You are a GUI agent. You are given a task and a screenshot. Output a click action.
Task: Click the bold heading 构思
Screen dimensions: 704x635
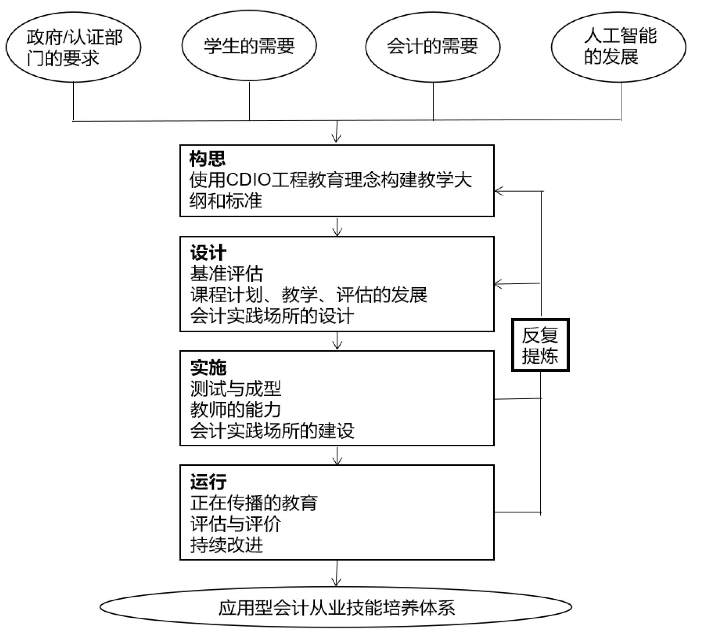tap(207, 159)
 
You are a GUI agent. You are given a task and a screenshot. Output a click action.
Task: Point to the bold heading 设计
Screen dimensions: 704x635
tap(208, 253)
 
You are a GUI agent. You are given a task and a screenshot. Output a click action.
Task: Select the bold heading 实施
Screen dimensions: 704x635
tap(208, 367)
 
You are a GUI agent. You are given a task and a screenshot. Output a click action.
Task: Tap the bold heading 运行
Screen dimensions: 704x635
tap(208, 482)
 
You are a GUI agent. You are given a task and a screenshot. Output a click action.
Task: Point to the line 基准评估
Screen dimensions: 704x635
tap(226, 274)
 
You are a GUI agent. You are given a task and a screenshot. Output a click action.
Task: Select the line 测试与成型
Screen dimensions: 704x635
tap(236, 388)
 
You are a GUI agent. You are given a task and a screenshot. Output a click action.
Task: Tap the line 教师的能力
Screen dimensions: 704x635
tap(236, 409)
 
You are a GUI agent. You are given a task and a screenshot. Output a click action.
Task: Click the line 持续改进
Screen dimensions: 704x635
tap(226, 545)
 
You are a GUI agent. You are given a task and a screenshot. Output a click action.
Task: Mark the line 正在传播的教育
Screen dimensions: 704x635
tap(254, 503)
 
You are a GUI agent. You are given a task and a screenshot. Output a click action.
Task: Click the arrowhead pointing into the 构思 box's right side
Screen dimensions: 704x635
tap(499, 191)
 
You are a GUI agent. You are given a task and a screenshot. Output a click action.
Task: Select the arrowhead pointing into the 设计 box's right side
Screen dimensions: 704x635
tap(498, 284)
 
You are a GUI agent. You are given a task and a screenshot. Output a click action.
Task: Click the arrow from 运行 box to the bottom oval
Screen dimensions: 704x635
tap(336, 573)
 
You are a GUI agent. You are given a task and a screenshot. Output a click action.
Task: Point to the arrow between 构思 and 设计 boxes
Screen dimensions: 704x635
tap(337, 227)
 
